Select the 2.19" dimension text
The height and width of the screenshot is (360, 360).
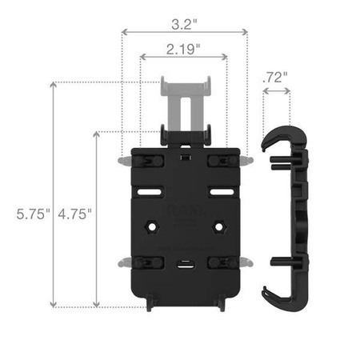point(183,50)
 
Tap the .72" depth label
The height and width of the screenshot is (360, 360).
point(274,78)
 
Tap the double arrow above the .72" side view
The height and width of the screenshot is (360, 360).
point(276,92)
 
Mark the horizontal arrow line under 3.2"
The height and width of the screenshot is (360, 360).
point(183,33)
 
